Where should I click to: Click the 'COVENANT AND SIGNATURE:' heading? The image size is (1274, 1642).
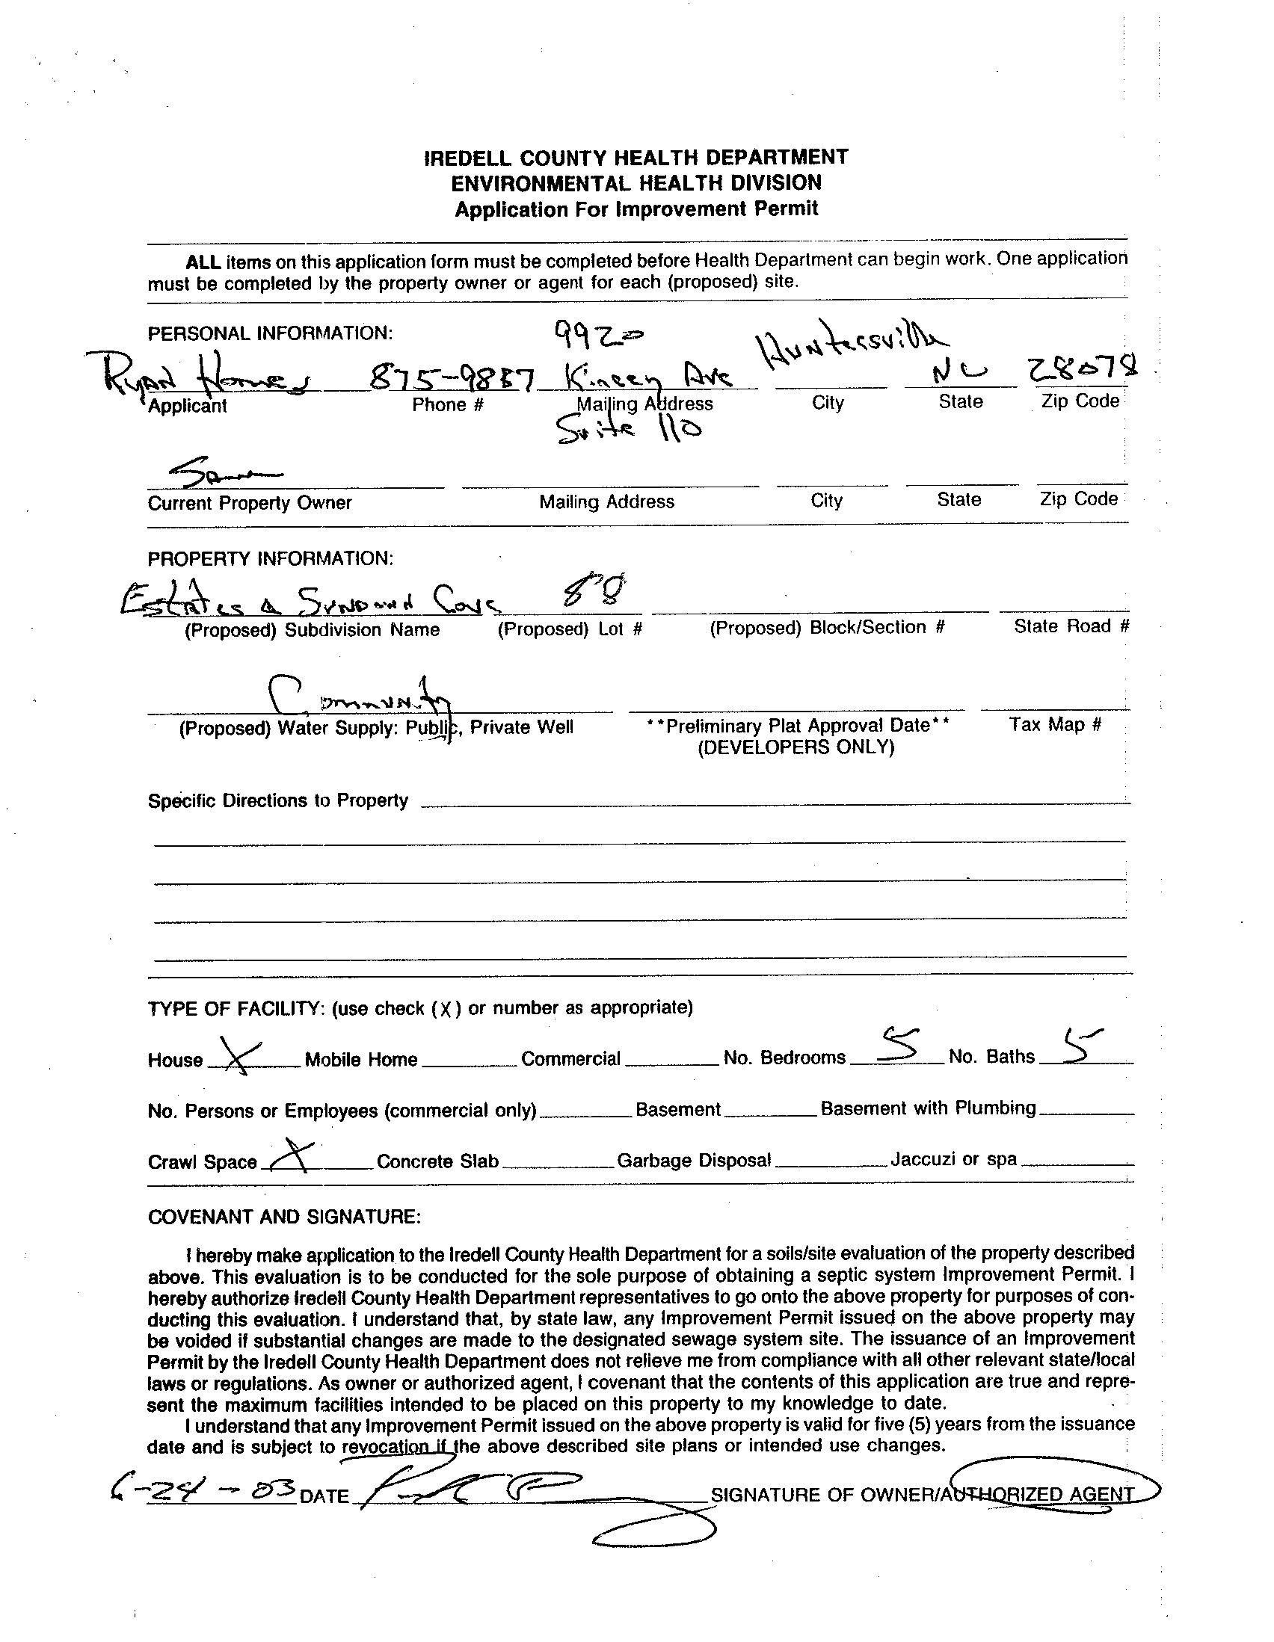pos(284,1217)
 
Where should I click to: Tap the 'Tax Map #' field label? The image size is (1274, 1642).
pos(1054,725)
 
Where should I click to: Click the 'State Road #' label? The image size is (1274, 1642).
pos(1071,626)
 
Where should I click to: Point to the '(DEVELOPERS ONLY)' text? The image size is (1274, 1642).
pos(796,747)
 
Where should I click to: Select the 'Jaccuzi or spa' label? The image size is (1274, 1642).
pos(953,1159)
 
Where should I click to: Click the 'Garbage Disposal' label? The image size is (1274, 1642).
pos(693,1161)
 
